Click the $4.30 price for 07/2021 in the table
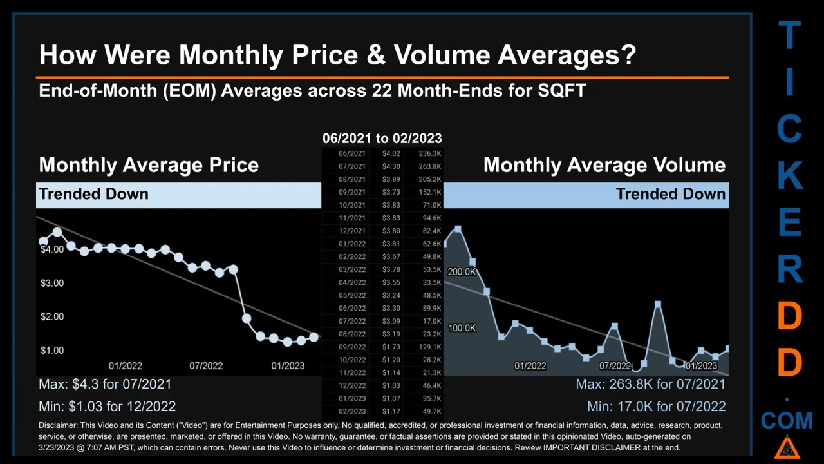click(x=391, y=166)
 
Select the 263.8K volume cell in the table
click(x=429, y=166)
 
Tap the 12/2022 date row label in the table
click(x=352, y=385)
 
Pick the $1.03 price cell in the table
click(x=391, y=385)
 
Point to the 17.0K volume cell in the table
click(x=431, y=321)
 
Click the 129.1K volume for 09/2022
click(x=429, y=347)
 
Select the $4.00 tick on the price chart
click(x=51, y=249)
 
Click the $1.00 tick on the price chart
click(x=51, y=350)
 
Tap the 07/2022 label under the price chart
click(x=206, y=366)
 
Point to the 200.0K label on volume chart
click(x=462, y=272)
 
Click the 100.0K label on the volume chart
click(x=462, y=328)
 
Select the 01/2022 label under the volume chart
click(x=530, y=366)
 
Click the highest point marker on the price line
click(x=57, y=232)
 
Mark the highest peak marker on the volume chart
click(x=458, y=229)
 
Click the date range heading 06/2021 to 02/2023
click(x=382, y=138)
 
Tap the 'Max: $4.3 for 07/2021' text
click(x=105, y=384)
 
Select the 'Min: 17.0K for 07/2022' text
click(x=656, y=406)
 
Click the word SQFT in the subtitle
click(x=561, y=90)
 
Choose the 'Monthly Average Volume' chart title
click(x=604, y=165)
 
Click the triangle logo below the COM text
click(x=787, y=447)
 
